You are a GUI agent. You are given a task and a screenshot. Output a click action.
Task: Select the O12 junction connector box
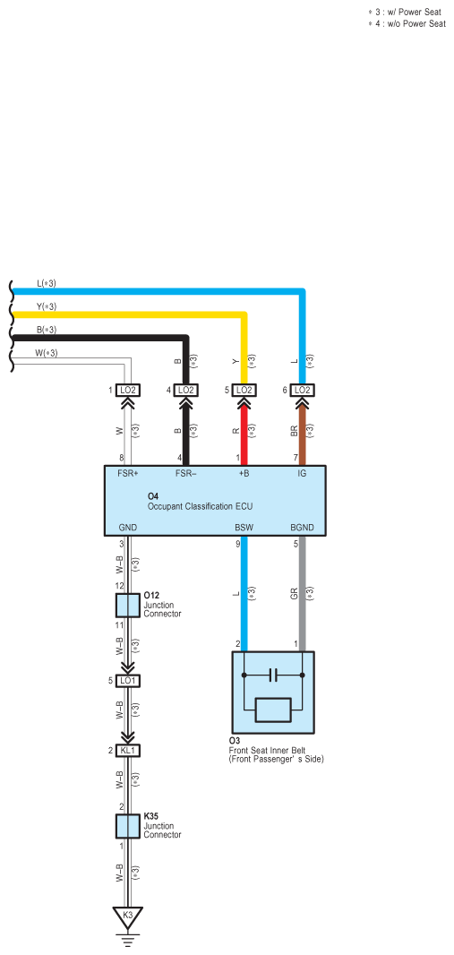tap(127, 606)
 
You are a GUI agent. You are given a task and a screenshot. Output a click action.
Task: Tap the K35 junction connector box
tap(127, 826)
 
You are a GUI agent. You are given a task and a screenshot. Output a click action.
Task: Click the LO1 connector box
tap(127, 680)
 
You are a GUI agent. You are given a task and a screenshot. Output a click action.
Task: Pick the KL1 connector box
tap(127, 751)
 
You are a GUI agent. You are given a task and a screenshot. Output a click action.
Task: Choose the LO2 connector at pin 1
tap(127, 390)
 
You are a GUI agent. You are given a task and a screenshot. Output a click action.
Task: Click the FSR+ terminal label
tap(128, 473)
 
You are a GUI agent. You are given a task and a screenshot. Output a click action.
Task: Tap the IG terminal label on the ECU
tap(302, 473)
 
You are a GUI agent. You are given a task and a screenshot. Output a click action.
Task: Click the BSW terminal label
tap(244, 528)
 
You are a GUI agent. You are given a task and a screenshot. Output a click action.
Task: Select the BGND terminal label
tap(302, 528)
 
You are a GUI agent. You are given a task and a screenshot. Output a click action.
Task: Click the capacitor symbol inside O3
tap(273, 675)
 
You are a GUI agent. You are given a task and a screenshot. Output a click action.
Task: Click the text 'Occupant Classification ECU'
tap(200, 506)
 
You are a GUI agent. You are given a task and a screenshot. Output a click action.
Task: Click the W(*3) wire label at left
tap(47, 353)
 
